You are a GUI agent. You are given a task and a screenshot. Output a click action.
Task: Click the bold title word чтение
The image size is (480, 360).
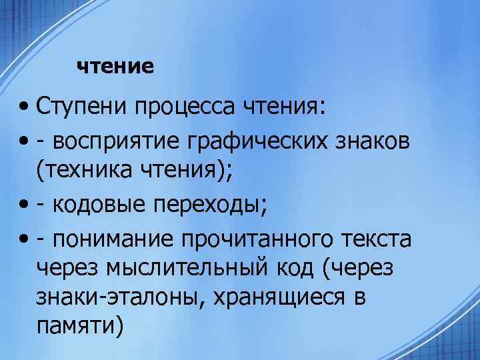click(115, 67)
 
